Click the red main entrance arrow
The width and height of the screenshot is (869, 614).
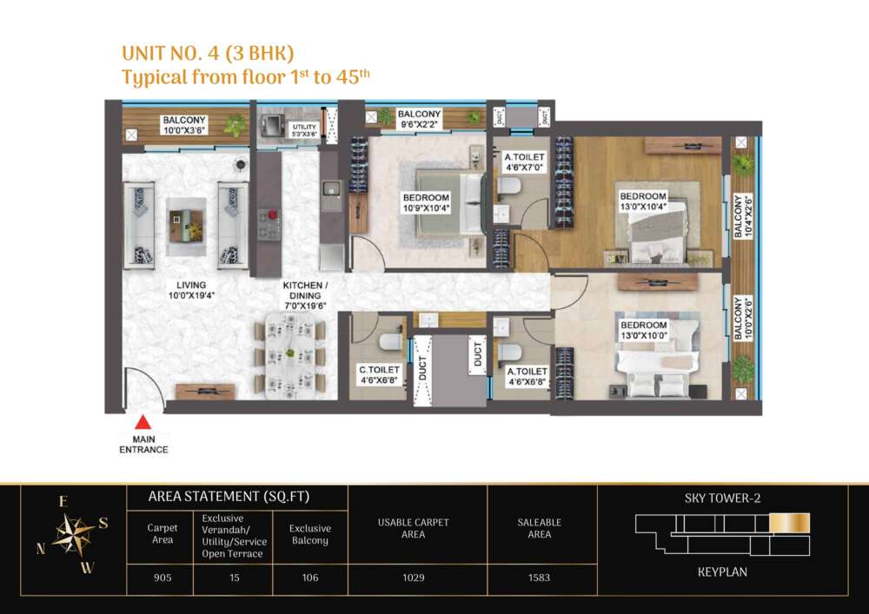coord(143,422)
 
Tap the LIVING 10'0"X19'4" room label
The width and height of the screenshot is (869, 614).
coord(191,290)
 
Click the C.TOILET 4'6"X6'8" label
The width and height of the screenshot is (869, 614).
coord(379,375)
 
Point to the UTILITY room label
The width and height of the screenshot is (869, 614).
coord(304,130)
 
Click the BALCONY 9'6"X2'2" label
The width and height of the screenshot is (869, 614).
coord(419,119)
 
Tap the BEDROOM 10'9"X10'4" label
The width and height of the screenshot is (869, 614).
coord(426,202)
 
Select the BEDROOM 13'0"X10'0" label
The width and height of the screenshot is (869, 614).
coord(643,330)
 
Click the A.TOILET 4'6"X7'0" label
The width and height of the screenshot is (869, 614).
coord(524,162)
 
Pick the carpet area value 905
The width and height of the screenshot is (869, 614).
coord(163,578)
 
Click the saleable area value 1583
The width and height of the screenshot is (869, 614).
coord(539,578)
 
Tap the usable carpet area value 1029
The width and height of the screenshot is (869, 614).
coord(414,578)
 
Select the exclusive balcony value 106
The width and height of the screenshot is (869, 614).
coord(310,578)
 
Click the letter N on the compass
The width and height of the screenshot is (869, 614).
coord(41,548)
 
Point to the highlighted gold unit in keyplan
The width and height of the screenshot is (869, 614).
coord(790,523)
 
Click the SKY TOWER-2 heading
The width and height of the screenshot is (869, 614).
coord(722,498)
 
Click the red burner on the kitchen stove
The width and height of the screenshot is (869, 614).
coord(272,215)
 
